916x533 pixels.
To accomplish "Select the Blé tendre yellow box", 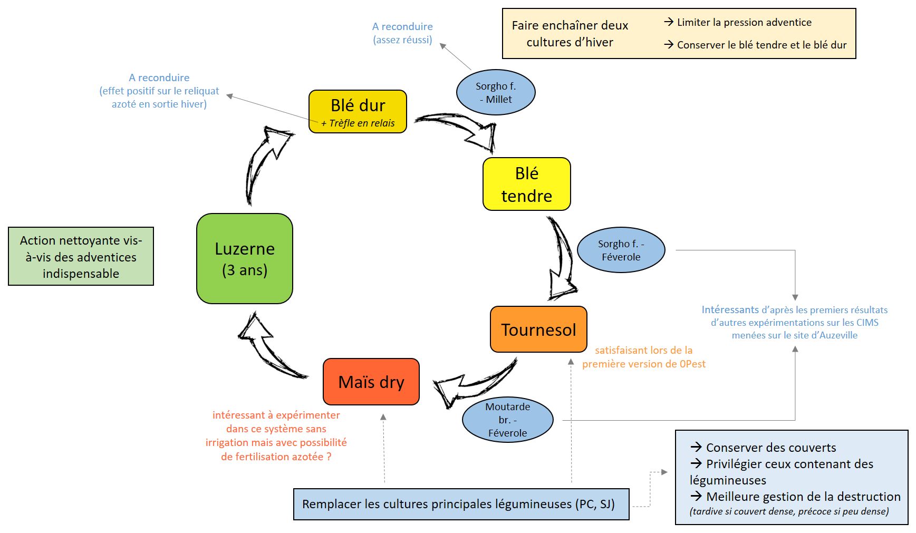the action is [x=526, y=184].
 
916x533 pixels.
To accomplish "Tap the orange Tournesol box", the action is [x=538, y=330].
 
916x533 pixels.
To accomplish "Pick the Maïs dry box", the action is [x=371, y=382].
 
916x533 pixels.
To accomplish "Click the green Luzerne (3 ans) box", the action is [x=244, y=258].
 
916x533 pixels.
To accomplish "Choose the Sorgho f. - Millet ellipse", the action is [x=495, y=92].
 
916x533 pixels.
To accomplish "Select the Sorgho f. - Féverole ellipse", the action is [x=621, y=250].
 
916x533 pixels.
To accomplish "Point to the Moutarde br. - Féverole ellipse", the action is [x=507, y=420].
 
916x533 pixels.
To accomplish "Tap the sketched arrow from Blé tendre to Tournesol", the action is [x=562, y=258].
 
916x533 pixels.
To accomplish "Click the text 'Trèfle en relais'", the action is [x=362, y=123].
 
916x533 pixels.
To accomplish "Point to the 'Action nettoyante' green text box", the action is [x=81, y=256].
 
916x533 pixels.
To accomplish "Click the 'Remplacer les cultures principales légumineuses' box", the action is [x=461, y=504].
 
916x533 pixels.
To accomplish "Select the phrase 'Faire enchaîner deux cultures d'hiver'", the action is [x=570, y=34].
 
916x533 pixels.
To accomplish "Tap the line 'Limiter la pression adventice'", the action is [x=744, y=22].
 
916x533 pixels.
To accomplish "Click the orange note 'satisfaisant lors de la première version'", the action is [x=643, y=357].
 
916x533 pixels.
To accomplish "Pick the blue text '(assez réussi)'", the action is [x=402, y=40].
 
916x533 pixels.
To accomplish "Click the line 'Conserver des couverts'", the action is [x=770, y=448].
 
